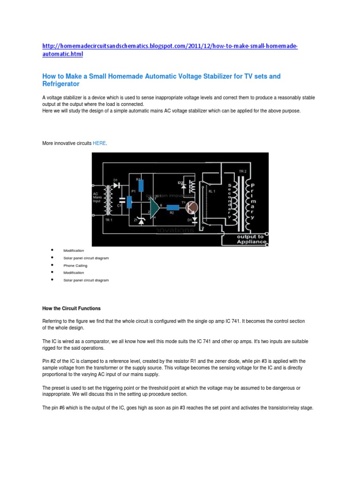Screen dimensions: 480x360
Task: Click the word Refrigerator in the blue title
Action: click(x=61, y=84)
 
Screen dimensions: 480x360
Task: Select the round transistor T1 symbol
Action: click(x=191, y=206)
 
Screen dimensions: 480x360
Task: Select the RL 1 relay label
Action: click(x=211, y=191)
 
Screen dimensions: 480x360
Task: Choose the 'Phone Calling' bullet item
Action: click(x=75, y=265)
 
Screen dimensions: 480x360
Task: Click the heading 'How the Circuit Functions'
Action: click(x=71, y=308)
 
